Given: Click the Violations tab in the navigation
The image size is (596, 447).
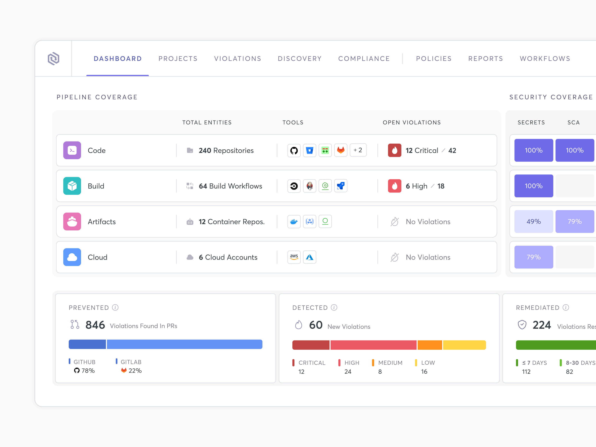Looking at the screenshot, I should (237, 59).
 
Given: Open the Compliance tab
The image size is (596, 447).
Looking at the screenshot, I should (364, 59).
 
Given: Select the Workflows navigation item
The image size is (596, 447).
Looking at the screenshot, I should (545, 59).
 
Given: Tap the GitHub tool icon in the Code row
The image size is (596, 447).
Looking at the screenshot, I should (294, 150).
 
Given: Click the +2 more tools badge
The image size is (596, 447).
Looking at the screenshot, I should (358, 150).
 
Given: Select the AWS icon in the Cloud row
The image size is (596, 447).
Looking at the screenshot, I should (294, 257).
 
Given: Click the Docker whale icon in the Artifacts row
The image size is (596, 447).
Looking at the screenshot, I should (294, 221).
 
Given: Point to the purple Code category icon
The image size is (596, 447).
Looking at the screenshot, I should (72, 150).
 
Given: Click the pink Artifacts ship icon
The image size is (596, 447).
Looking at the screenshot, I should (72, 221).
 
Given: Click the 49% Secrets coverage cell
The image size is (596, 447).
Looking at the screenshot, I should (533, 221).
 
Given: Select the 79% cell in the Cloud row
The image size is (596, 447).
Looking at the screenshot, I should (533, 257).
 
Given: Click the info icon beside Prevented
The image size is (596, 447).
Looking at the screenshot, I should (115, 307).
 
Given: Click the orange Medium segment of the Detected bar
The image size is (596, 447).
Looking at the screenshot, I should (429, 345).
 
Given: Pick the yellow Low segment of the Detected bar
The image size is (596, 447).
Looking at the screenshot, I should (464, 345).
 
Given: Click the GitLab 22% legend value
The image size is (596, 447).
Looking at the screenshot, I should (135, 371).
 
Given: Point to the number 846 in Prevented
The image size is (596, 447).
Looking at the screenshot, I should (95, 325).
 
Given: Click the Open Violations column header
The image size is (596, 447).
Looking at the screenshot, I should (411, 123).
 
